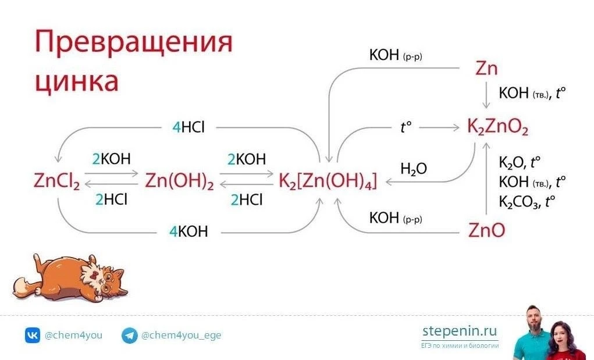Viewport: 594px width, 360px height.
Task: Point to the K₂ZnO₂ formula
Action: point(497,127)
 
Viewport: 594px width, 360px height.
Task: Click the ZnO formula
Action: point(486,230)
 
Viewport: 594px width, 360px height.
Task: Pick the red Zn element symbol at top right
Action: point(486,69)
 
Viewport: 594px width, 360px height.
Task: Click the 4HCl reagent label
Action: point(188,127)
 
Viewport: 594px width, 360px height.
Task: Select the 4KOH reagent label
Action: point(188,231)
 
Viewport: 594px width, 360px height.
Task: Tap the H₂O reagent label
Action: point(414,169)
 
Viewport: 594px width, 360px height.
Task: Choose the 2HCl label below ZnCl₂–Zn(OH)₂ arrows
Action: point(111,199)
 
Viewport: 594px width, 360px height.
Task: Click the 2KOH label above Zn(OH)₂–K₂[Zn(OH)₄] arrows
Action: point(247,159)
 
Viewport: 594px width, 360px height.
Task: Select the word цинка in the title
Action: point(77,81)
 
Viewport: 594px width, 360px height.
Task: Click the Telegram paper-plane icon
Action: point(129,336)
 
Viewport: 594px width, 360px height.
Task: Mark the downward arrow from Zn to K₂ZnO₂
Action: point(486,95)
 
